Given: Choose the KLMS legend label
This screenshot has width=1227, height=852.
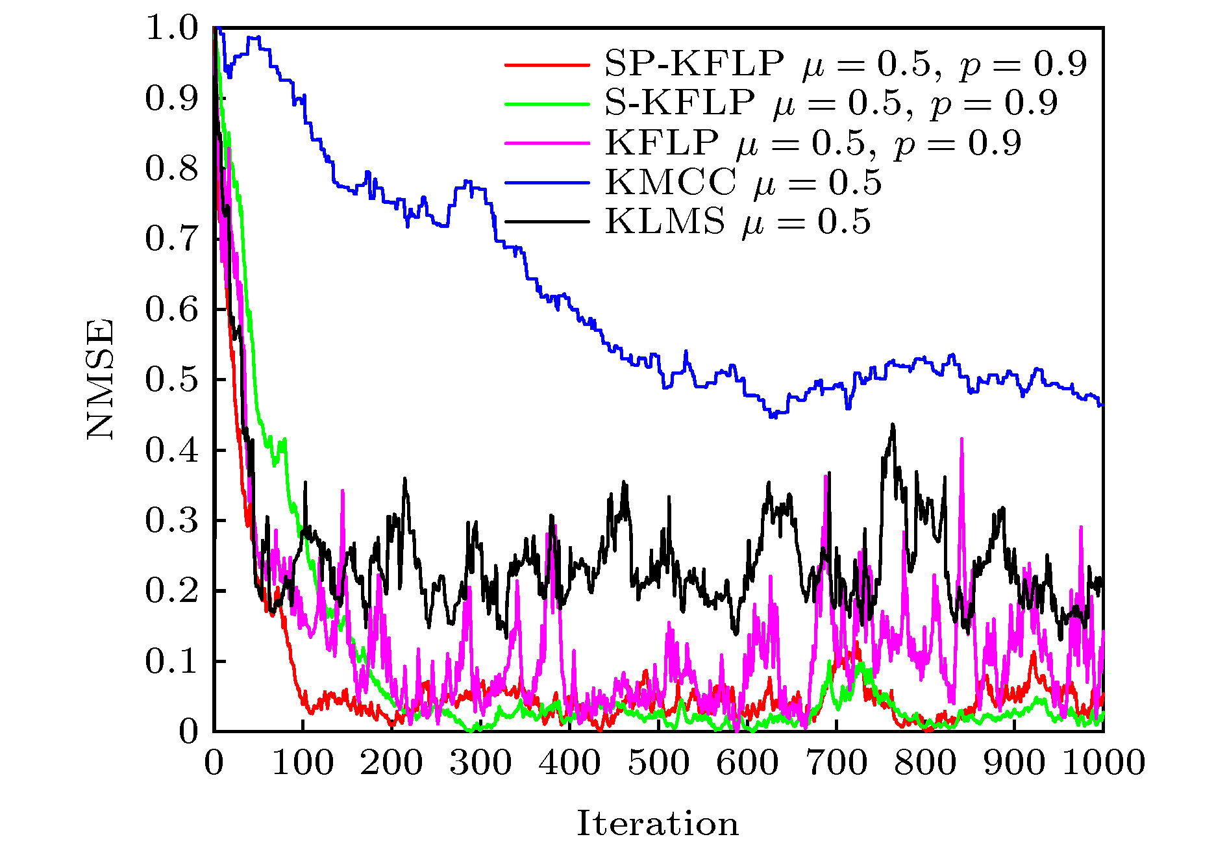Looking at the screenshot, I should [737, 222].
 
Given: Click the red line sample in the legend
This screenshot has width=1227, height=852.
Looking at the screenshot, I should [547, 65].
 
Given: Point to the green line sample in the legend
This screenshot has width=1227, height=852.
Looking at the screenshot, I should [547, 104].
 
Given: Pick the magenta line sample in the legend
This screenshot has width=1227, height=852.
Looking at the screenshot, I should [547, 144].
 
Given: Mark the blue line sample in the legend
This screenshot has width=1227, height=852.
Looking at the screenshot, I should [547, 183].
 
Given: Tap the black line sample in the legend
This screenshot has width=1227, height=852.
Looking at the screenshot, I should [547, 222].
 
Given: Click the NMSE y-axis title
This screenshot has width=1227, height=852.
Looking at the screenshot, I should [100, 379].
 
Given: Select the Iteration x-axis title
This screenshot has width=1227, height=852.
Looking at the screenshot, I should [658, 823].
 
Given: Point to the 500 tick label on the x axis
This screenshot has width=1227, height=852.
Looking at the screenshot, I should [658, 762].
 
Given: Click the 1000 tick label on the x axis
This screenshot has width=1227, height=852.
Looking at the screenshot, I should [1103, 762].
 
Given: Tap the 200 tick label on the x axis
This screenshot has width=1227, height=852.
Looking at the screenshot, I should [391, 762].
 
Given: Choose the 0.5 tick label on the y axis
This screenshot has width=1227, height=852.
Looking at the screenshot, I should [171, 380].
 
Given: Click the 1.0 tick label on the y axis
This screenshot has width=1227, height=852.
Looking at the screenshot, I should [171, 28].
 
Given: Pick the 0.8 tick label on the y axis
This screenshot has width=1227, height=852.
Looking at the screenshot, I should [171, 169].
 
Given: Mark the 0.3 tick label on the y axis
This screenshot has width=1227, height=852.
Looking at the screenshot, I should [171, 521].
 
